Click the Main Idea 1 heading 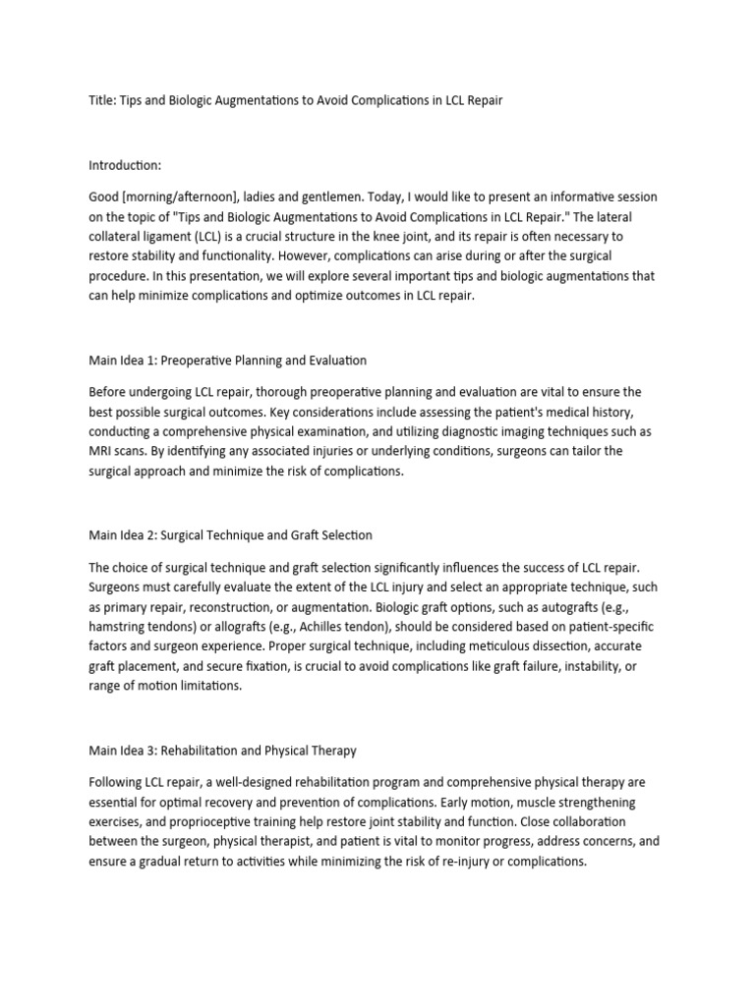pyautogui.click(x=227, y=361)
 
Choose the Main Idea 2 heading pyautogui.click(x=230, y=535)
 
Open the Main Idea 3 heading pyautogui.click(x=222, y=751)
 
